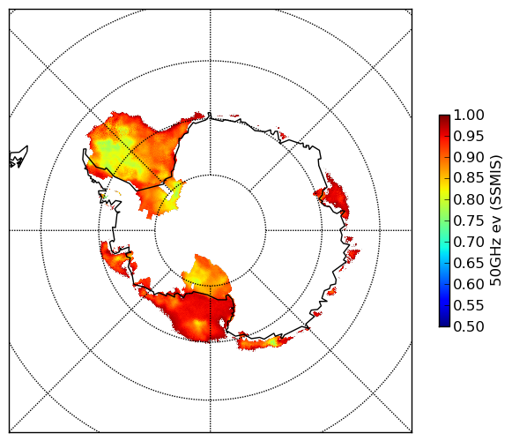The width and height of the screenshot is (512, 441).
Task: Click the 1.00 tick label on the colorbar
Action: [x=469, y=115]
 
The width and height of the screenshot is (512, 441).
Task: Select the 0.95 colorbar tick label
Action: [x=469, y=137]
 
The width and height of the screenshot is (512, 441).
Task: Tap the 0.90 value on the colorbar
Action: [x=469, y=157]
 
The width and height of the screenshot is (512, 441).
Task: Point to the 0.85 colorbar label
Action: [x=469, y=178]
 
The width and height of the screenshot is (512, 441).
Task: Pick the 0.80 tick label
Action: [x=469, y=199]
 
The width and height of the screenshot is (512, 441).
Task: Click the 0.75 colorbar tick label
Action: [x=469, y=221]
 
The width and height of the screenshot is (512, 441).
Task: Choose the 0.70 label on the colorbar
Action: [x=469, y=243]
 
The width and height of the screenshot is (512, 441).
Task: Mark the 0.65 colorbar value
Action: [x=469, y=263]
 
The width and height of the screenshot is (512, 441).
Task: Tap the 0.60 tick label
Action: [x=469, y=284]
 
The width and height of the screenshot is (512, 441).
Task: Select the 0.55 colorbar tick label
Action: [x=469, y=306]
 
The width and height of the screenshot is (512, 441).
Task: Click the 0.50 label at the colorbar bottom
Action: [x=469, y=326]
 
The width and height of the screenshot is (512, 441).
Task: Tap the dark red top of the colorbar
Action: [x=444, y=118]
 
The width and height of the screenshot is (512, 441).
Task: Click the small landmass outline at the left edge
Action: [x=19, y=158]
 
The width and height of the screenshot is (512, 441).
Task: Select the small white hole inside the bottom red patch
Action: [x=222, y=323]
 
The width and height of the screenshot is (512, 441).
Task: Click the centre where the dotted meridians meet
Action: [x=210, y=230]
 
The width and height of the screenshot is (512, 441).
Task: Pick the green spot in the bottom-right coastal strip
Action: [x=273, y=342]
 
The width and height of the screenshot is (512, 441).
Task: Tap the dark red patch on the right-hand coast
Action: [x=334, y=196]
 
